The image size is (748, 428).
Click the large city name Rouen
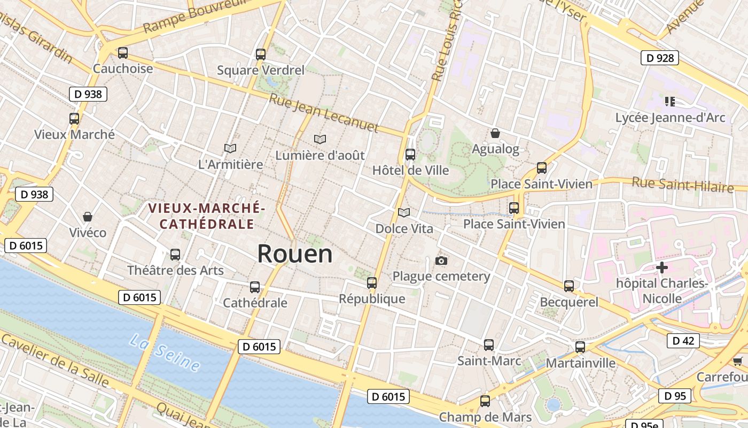(295, 254)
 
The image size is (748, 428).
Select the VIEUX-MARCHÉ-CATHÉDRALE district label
(207, 216)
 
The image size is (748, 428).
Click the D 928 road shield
(659, 58)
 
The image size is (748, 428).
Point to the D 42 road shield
(683, 340)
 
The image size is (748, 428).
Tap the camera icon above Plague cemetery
(441, 261)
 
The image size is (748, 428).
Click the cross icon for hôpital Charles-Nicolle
(662, 267)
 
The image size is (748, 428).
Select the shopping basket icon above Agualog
(495, 133)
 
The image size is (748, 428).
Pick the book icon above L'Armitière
(230, 148)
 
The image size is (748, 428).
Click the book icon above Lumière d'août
(320, 139)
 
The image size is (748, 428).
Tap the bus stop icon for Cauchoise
(123, 53)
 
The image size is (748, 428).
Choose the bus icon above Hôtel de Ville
(410, 155)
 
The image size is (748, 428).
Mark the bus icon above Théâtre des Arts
(175, 255)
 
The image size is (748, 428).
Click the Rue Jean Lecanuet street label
(324, 113)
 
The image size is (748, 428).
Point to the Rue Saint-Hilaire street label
(682, 185)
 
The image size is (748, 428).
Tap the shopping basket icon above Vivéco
(88, 217)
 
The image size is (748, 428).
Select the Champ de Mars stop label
(485, 417)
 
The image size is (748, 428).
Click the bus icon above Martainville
(580, 347)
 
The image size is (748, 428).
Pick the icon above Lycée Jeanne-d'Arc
(670, 101)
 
